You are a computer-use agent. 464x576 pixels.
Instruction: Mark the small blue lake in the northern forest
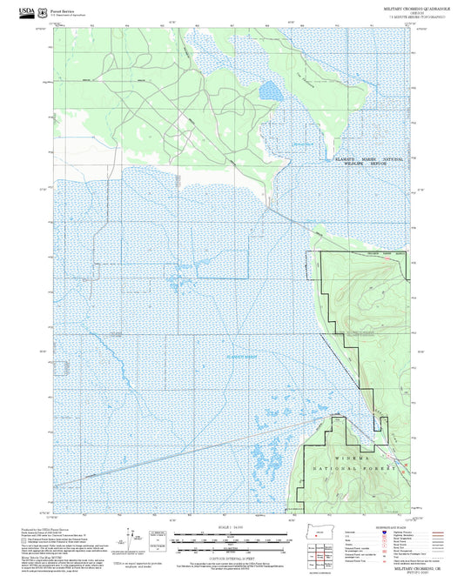coord(271,90)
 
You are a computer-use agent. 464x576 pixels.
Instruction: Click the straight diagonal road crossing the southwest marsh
coord(174,453)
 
